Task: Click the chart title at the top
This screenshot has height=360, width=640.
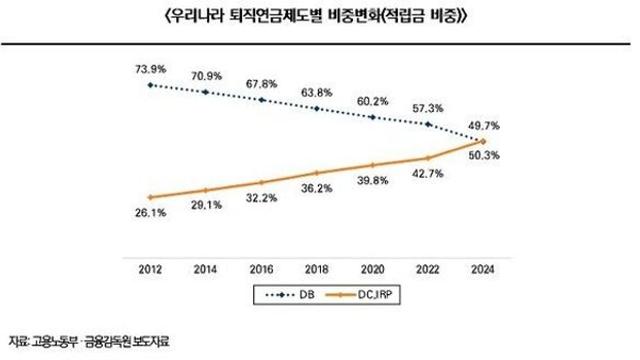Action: click(x=320, y=18)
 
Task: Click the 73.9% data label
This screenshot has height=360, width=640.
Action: click(x=150, y=68)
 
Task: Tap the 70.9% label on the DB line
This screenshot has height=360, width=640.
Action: click(x=206, y=75)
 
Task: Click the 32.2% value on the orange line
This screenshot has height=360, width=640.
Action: click(x=262, y=199)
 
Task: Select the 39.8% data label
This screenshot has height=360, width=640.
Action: click(x=374, y=181)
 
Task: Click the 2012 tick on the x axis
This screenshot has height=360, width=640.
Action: click(x=150, y=269)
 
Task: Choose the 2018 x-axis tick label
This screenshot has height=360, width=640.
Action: click(x=318, y=269)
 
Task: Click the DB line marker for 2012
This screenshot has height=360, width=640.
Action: click(x=150, y=85)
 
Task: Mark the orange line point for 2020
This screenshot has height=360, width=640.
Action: click(x=374, y=165)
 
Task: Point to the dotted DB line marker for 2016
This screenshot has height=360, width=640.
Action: click(x=262, y=100)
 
